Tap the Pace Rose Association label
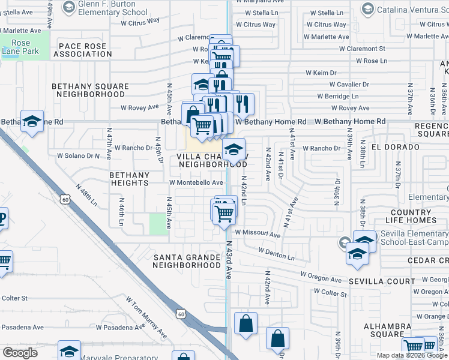pos(82,50)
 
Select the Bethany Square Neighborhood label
pos(90,90)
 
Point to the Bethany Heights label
pos(129,179)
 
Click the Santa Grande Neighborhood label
pos(187,261)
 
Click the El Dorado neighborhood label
pos(395,147)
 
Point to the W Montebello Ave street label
pos(196,183)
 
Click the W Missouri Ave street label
pos(258,235)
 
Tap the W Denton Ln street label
pos(277,253)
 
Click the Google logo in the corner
pos(20,353)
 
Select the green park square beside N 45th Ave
pos(158,224)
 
